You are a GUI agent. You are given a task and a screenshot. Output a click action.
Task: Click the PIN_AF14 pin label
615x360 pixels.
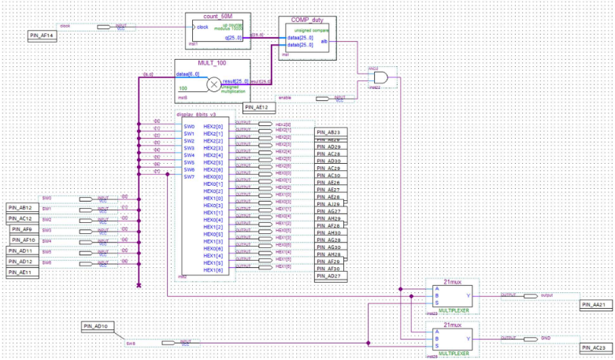coord(42,35)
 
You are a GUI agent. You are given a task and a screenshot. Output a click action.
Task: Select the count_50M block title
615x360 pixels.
coord(218,16)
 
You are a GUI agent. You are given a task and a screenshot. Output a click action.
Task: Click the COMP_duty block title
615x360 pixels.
coord(306,20)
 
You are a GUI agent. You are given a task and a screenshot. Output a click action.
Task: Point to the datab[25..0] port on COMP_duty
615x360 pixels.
coord(300,45)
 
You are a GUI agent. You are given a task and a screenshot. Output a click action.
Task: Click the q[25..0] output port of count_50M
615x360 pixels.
coord(236,37)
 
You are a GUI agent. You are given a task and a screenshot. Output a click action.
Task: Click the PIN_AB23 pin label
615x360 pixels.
coord(328,132)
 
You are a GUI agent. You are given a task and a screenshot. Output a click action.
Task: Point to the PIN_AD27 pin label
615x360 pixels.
coord(328,276)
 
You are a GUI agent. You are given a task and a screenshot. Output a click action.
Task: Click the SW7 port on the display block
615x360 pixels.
coord(189,176)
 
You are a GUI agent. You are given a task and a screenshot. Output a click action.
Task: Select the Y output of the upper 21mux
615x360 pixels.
coord(469,296)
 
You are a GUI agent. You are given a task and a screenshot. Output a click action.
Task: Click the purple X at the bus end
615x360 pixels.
coord(139,285)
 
